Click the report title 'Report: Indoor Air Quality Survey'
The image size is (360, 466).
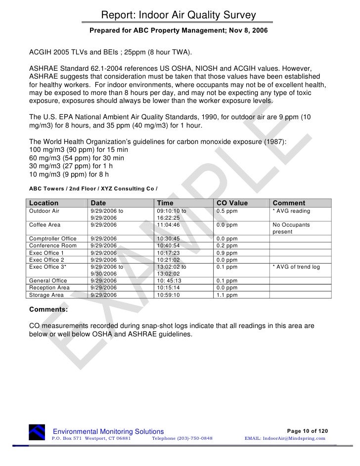tap(179, 16)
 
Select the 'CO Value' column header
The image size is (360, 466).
tap(232, 203)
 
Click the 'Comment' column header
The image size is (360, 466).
tap(289, 203)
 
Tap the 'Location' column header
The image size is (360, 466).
tap(44, 203)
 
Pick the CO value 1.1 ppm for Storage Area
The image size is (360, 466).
tap(227, 295)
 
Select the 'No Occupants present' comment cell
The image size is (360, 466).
tap(291, 228)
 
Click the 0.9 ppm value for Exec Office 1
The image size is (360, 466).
tap(227, 253)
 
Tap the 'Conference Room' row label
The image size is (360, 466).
tap(53, 245)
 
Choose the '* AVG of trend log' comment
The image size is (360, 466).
tap(296, 267)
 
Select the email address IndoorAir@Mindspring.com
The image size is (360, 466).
tap(285, 438)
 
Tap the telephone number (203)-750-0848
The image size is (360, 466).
tap(182, 438)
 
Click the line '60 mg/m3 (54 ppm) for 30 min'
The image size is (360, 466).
tap(77, 158)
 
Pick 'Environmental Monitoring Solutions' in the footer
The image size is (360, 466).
tap(108, 432)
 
